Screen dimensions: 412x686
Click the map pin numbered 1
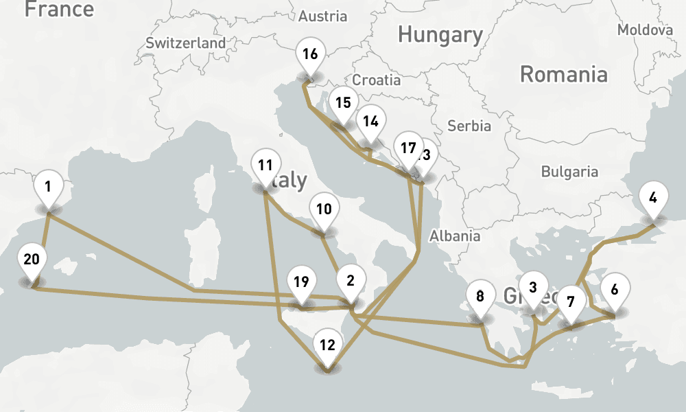pyautogui.click(x=48, y=187)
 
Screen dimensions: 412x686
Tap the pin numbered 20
pyautogui.click(x=32, y=260)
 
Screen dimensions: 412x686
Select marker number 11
pyautogui.click(x=265, y=165)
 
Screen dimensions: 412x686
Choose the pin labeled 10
pyautogui.click(x=324, y=209)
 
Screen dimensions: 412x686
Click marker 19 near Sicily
pyautogui.click(x=301, y=282)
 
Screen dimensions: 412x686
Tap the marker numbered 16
pyautogui.click(x=310, y=54)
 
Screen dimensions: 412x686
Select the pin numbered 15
pyautogui.click(x=343, y=104)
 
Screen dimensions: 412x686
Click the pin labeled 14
pyautogui.click(x=370, y=122)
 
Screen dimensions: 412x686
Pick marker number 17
pyautogui.click(x=408, y=148)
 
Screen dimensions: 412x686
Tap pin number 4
pyautogui.click(x=653, y=198)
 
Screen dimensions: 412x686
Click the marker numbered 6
pyautogui.click(x=614, y=290)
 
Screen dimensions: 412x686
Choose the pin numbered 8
pyautogui.click(x=480, y=297)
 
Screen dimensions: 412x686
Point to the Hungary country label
pyautogui.click(x=440, y=34)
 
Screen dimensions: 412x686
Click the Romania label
pyautogui.click(x=563, y=74)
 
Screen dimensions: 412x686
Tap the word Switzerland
pyautogui.click(x=185, y=43)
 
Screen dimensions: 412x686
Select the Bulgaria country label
pyautogui.click(x=569, y=172)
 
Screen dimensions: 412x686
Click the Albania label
pyautogui.click(x=455, y=236)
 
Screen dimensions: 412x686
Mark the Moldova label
pyautogui.click(x=645, y=30)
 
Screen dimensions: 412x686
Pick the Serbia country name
pyautogui.click(x=469, y=126)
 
